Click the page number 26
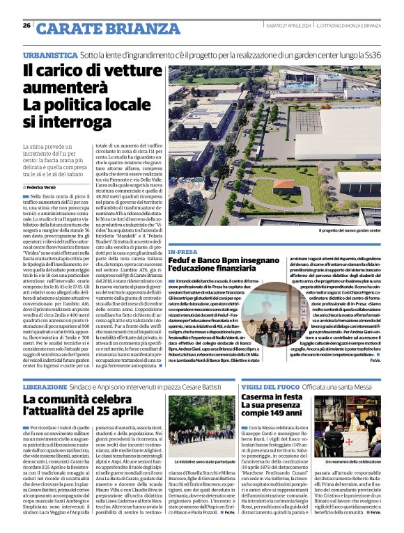pos(26,26)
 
